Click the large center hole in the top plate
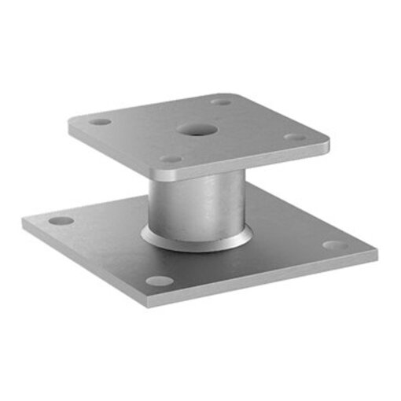[x=192, y=129]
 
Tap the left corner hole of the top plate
[x=100, y=122]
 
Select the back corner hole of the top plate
[x=223, y=101]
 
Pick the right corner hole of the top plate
[x=294, y=137]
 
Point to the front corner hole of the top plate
[x=172, y=160]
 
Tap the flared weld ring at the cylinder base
[x=197, y=240]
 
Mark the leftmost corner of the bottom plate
[x=23, y=223]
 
